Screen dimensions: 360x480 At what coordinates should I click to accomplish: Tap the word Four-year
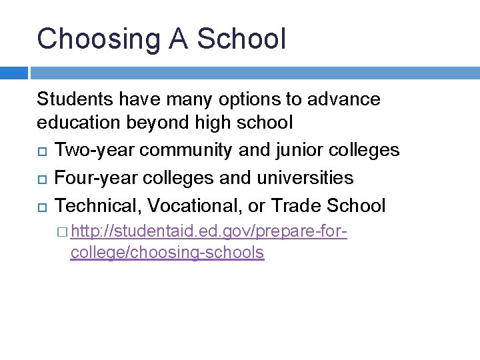pos(91,177)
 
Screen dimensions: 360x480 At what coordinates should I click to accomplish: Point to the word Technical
pos(98,205)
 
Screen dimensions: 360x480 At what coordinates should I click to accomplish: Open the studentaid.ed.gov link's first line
pos(209,232)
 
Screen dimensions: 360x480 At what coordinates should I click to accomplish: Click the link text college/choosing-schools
pos(167,253)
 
